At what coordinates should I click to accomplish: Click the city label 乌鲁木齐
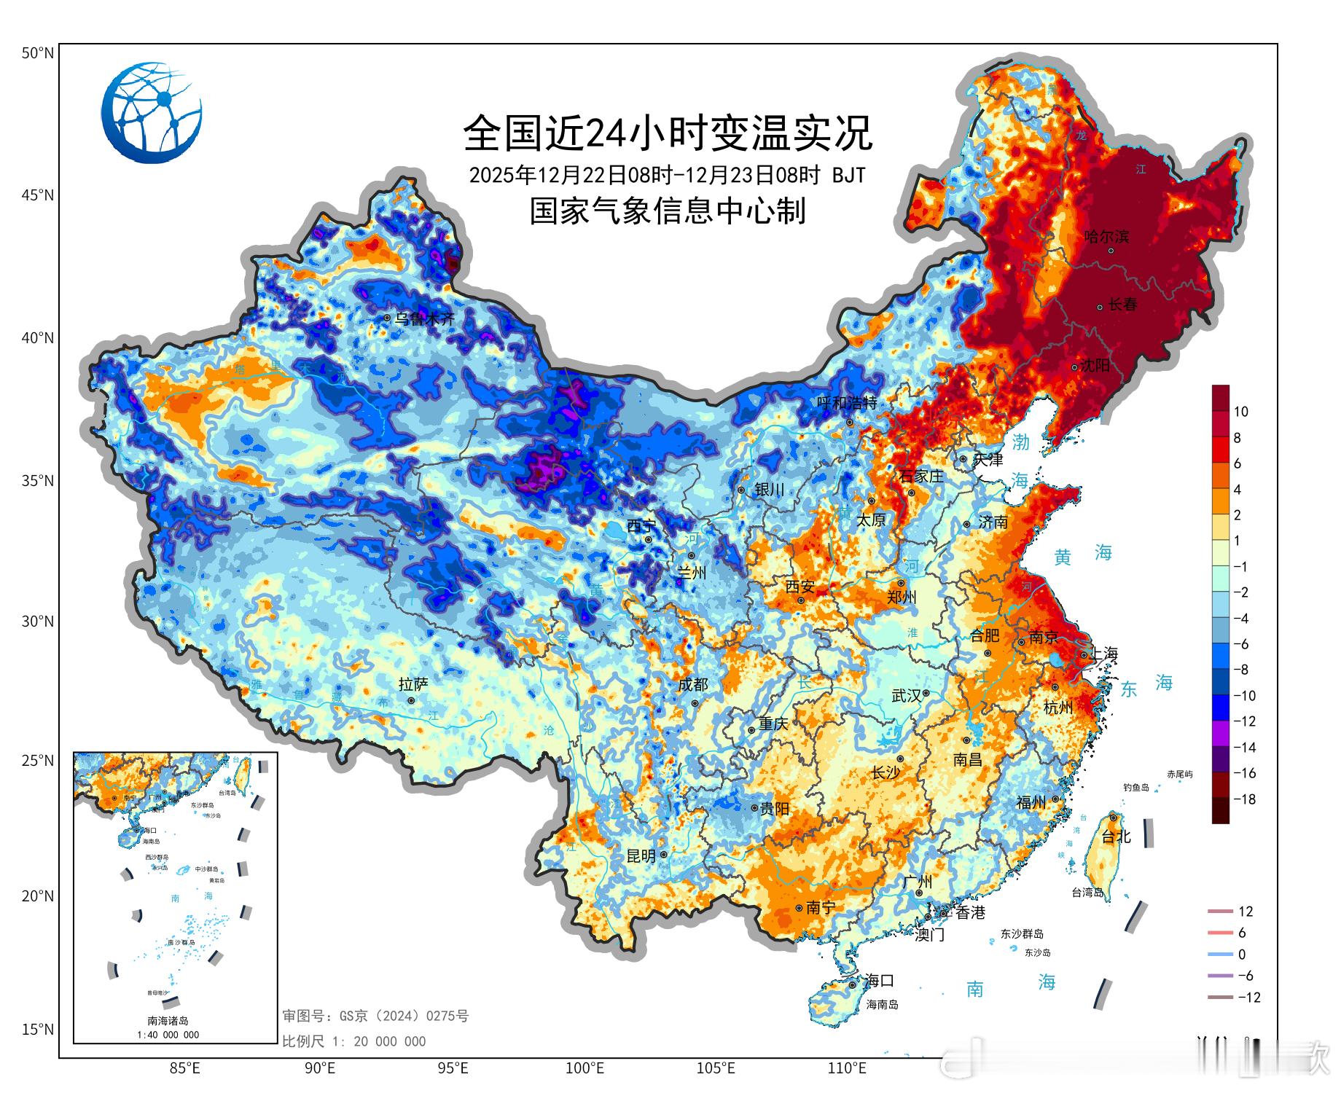pyautogui.click(x=424, y=318)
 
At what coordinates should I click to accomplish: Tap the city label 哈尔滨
pyautogui.click(x=1106, y=236)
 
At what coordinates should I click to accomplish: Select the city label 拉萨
pyautogui.click(x=413, y=684)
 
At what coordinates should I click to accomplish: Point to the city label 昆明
pyautogui.click(x=641, y=856)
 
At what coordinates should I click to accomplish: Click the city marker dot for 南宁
pyautogui.click(x=799, y=908)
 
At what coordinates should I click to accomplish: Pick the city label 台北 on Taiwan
pyautogui.click(x=1116, y=837)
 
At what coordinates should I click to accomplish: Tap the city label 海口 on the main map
pyautogui.click(x=879, y=980)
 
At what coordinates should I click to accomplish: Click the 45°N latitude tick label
pyautogui.click(x=37, y=195)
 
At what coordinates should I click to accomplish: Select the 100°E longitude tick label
pyautogui.click(x=585, y=1069)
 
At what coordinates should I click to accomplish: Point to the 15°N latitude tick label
pyautogui.click(x=37, y=1029)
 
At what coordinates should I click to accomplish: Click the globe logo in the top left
pyautogui.click(x=152, y=112)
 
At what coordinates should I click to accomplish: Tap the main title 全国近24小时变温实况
pyautogui.click(x=668, y=133)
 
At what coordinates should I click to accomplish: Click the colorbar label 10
pyautogui.click(x=1240, y=412)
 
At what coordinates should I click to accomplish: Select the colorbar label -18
pyautogui.click(x=1244, y=799)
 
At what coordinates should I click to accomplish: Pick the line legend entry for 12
pyautogui.click(x=1232, y=912)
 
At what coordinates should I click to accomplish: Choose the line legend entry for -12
pyautogui.click(x=1233, y=998)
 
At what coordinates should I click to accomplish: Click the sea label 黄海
pyautogui.click(x=1082, y=555)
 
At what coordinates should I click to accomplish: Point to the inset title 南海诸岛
pyautogui.click(x=168, y=1021)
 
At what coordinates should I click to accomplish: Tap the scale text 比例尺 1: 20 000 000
pyautogui.click(x=354, y=1042)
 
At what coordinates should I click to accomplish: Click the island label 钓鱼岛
pyautogui.click(x=1135, y=788)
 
